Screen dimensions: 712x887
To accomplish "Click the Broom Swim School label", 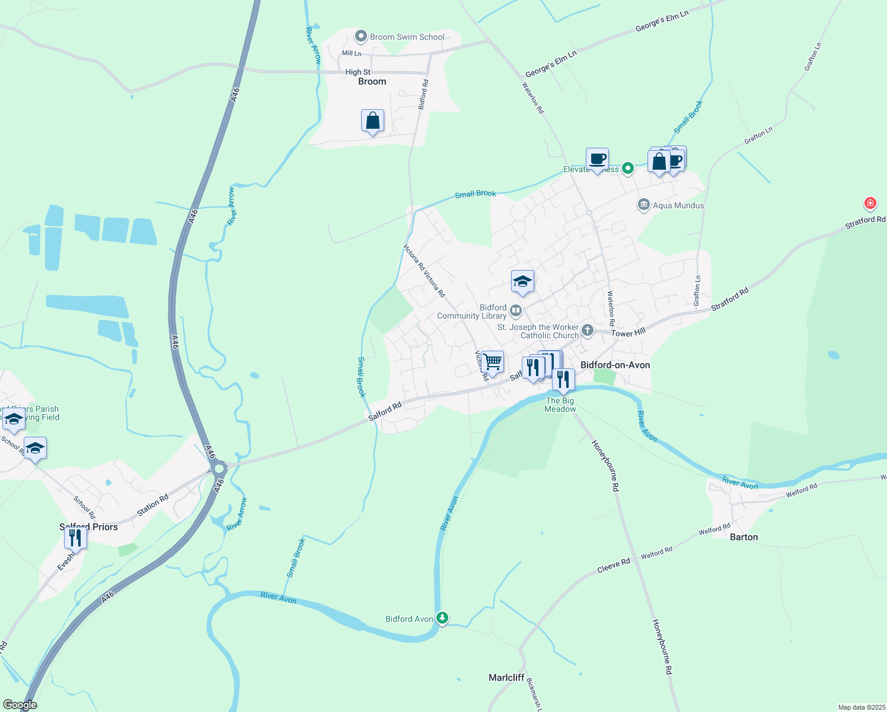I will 407,37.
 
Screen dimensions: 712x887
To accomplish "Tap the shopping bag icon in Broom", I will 372,121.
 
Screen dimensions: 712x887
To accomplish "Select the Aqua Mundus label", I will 678,205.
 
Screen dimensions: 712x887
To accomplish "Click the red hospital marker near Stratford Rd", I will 870,204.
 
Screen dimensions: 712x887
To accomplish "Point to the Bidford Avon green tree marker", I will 442,618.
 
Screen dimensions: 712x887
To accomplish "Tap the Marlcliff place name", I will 506,678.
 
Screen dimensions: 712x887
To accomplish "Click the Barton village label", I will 744,537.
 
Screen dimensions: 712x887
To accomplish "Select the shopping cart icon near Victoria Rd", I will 493,361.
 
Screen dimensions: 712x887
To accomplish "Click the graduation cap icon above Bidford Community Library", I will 522,282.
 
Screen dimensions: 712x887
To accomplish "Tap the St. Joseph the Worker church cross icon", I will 587,330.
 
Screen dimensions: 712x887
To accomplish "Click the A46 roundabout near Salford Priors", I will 219,469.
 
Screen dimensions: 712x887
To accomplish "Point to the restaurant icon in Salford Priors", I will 75,538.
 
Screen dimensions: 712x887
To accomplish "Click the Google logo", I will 20,705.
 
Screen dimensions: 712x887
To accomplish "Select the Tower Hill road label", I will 628,333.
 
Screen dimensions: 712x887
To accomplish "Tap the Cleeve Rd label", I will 614,565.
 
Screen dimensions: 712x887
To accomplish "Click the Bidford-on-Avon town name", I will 615,365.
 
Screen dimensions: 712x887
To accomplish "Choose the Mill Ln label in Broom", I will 351,53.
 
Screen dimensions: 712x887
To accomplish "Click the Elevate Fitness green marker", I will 627,169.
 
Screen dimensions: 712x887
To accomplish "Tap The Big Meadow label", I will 560,405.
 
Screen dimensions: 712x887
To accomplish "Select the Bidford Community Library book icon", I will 516,310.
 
